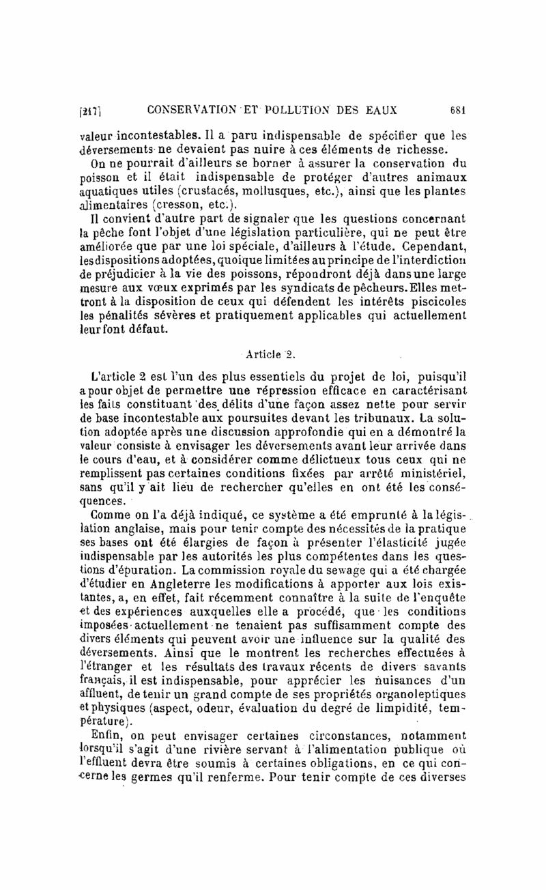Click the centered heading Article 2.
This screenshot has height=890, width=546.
coord(272,353)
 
